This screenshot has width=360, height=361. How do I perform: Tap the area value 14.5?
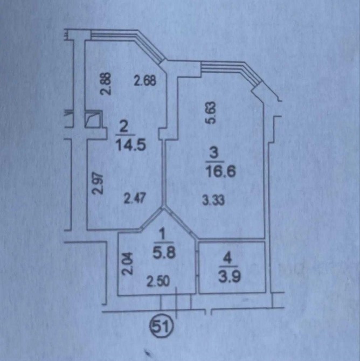pyautogui.click(x=131, y=145)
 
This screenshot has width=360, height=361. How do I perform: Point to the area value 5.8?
pyautogui.click(x=164, y=253)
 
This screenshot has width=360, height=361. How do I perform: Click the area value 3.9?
pyautogui.click(x=230, y=277)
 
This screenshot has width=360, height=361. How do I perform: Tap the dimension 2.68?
pyautogui.click(x=146, y=81)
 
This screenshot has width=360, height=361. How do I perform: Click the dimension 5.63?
pyautogui.click(x=212, y=113)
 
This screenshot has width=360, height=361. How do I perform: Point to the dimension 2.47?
pyautogui.click(x=135, y=199)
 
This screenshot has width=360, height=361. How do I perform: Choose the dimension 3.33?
pyautogui.click(x=213, y=200)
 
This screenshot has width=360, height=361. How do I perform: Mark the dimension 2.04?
pyautogui.click(x=127, y=263)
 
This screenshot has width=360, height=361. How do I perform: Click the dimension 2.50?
pyautogui.click(x=158, y=281)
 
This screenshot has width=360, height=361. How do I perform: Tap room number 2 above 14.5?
pyautogui.click(x=124, y=128)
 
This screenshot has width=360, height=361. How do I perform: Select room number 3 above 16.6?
pyautogui.click(x=214, y=154)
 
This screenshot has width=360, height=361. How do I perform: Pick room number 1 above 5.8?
pyautogui.click(x=163, y=235)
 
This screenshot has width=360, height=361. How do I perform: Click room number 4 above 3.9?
pyautogui.click(x=227, y=259)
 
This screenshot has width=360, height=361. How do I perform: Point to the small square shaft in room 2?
pyautogui.click(x=93, y=119)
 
